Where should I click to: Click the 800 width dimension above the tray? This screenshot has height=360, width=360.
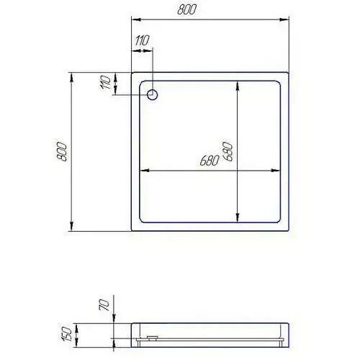pyautogui.click(x=186, y=9)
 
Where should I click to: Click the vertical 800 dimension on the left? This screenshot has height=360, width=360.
pyautogui.click(x=61, y=151)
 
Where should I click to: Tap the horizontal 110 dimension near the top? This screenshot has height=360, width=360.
pyautogui.click(x=142, y=40)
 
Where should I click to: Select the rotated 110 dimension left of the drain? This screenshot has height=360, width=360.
pyautogui.click(x=106, y=82)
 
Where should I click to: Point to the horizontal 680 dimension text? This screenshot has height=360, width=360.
pyautogui.click(x=210, y=161)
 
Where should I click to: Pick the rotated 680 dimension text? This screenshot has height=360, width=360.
pyautogui.click(x=228, y=151)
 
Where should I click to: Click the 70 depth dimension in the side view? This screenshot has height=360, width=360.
pyautogui.click(x=104, y=305)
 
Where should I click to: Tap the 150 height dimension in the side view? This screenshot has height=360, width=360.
pyautogui.click(x=67, y=334)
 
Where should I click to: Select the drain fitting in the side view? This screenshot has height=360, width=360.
pyautogui.click(x=152, y=338)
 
